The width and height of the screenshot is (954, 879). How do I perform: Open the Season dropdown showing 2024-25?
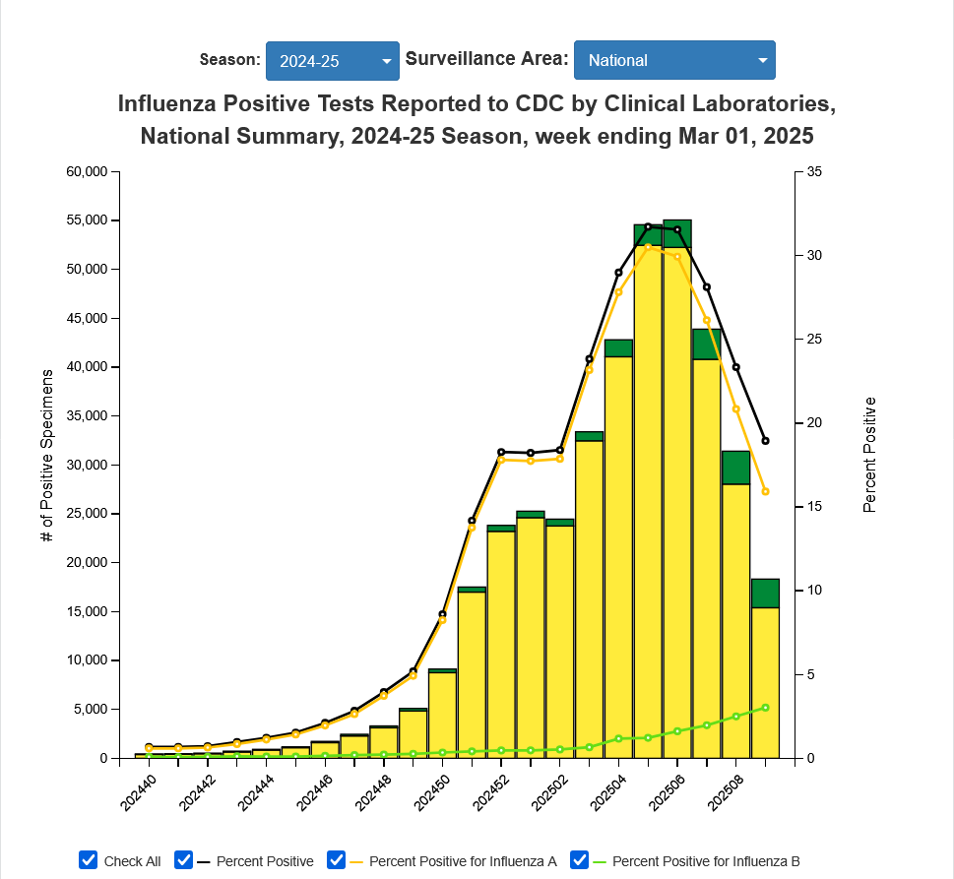[x=332, y=60]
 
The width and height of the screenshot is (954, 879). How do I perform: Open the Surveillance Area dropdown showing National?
[x=674, y=60]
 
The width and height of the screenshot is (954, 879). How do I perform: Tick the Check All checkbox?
[x=89, y=860]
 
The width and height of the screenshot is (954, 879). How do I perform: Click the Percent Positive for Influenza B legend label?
[x=705, y=861]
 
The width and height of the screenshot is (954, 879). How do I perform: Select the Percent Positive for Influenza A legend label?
[x=463, y=861]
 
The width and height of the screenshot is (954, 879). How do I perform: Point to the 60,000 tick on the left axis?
[x=86, y=172]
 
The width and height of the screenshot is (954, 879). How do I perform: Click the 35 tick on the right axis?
[x=813, y=172]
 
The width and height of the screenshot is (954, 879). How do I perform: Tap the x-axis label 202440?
[x=138, y=791]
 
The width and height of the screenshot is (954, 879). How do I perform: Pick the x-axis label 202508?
[x=725, y=791]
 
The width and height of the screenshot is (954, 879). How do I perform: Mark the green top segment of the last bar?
[x=765, y=594]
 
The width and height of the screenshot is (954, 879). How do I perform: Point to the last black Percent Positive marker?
[x=765, y=441]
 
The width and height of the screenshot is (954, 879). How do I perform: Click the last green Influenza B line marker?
[x=765, y=708]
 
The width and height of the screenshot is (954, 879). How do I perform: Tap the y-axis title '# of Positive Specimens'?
[x=46, y=456]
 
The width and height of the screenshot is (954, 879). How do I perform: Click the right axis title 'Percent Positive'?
[x=868, y=455]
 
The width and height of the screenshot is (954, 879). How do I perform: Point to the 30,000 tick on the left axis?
[x=86, y=465]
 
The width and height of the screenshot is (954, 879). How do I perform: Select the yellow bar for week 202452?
[x=501, y=645]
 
